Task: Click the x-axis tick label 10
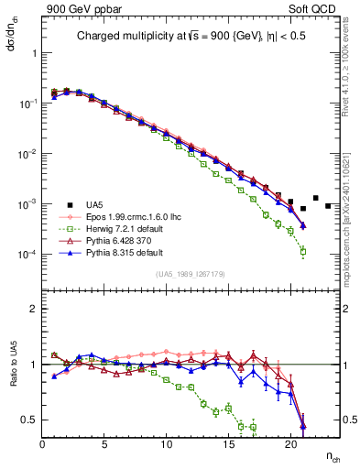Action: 167,444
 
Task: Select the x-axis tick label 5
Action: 104,444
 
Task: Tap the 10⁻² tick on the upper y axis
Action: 27,153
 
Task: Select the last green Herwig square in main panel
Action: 303,250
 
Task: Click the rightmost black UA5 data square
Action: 328,205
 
